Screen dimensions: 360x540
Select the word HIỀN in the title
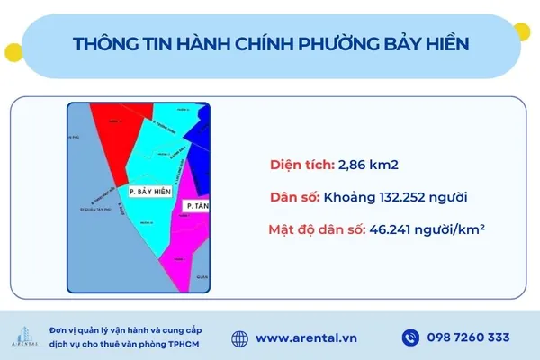click(445, 44)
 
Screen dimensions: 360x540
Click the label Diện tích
click(302, 166)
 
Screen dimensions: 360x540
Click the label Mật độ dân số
click(315, 229)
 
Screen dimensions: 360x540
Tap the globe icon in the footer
click(239, 337)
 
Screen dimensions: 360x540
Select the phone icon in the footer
click(410, 337)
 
